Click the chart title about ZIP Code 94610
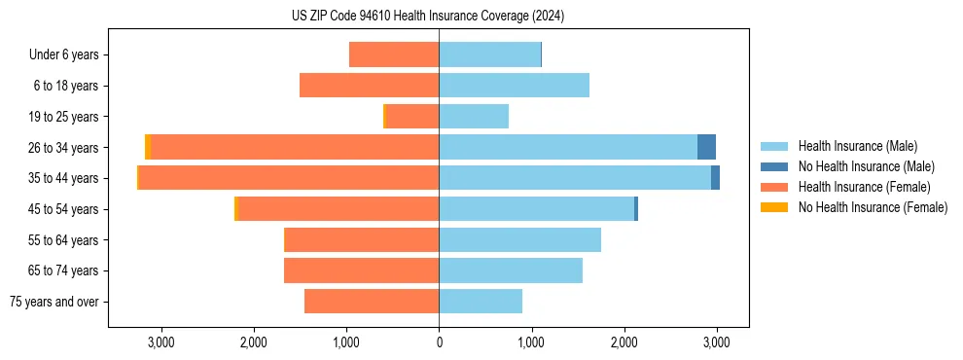click(428, 17)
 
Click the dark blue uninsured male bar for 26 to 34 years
click(706, 147)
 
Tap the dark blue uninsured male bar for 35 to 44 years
click(715, 178)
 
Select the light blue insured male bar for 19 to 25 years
click(474, 117)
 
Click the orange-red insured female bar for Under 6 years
click(394, 55)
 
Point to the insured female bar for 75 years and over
click(372, 302)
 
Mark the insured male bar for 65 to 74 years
click(511, 270)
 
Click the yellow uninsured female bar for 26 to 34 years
click(148, 147)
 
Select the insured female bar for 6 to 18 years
click(370, 86)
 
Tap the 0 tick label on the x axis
click(439, 342)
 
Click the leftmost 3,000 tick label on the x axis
click(160, 342)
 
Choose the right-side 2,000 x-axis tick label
click(624, 342)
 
